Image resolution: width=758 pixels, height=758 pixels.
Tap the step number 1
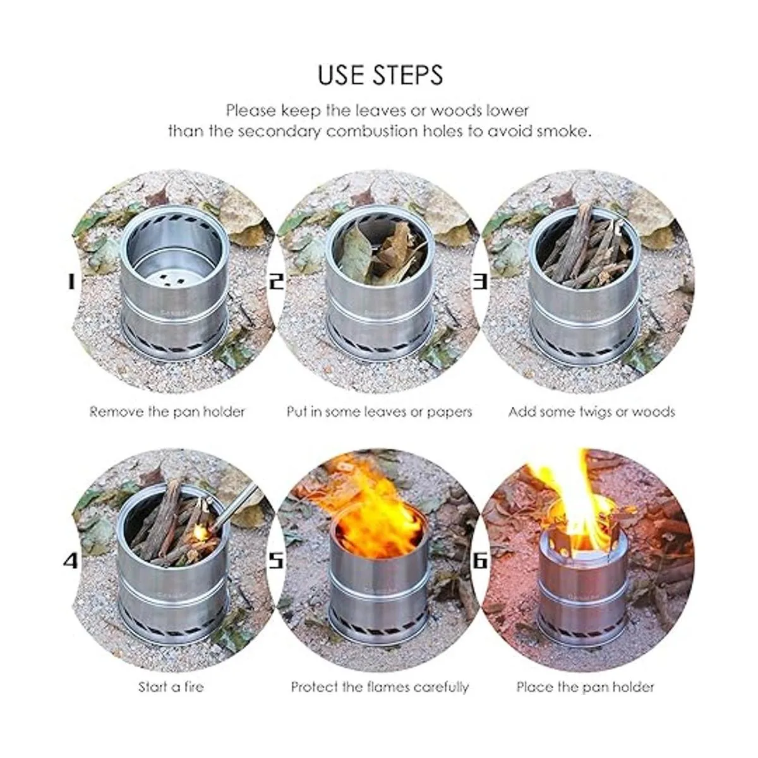71,282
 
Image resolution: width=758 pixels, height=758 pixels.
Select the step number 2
277,282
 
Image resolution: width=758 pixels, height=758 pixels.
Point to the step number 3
479,282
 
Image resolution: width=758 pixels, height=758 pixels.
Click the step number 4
71,561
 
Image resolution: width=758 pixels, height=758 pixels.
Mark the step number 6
479,561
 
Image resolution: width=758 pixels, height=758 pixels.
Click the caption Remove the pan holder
167,412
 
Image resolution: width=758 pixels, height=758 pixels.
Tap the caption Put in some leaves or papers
379,412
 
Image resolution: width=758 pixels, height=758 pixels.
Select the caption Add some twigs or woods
592,412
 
